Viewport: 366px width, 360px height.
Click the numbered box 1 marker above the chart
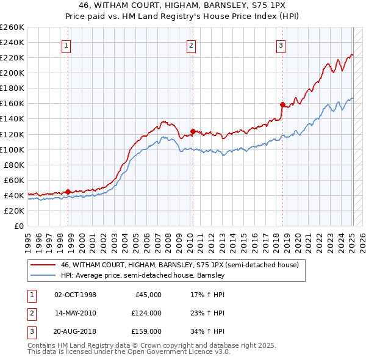click(66, 45)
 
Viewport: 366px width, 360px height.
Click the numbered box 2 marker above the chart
click(191, 45)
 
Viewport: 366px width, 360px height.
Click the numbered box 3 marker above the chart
click(281, 45)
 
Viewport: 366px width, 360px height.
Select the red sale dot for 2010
click(193, 131)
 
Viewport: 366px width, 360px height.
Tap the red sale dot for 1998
click(68, 191)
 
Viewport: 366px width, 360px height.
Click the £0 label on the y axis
click(20, 226)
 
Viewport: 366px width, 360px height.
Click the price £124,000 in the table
click(146, 313)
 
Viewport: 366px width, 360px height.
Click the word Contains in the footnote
click(42, 345)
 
